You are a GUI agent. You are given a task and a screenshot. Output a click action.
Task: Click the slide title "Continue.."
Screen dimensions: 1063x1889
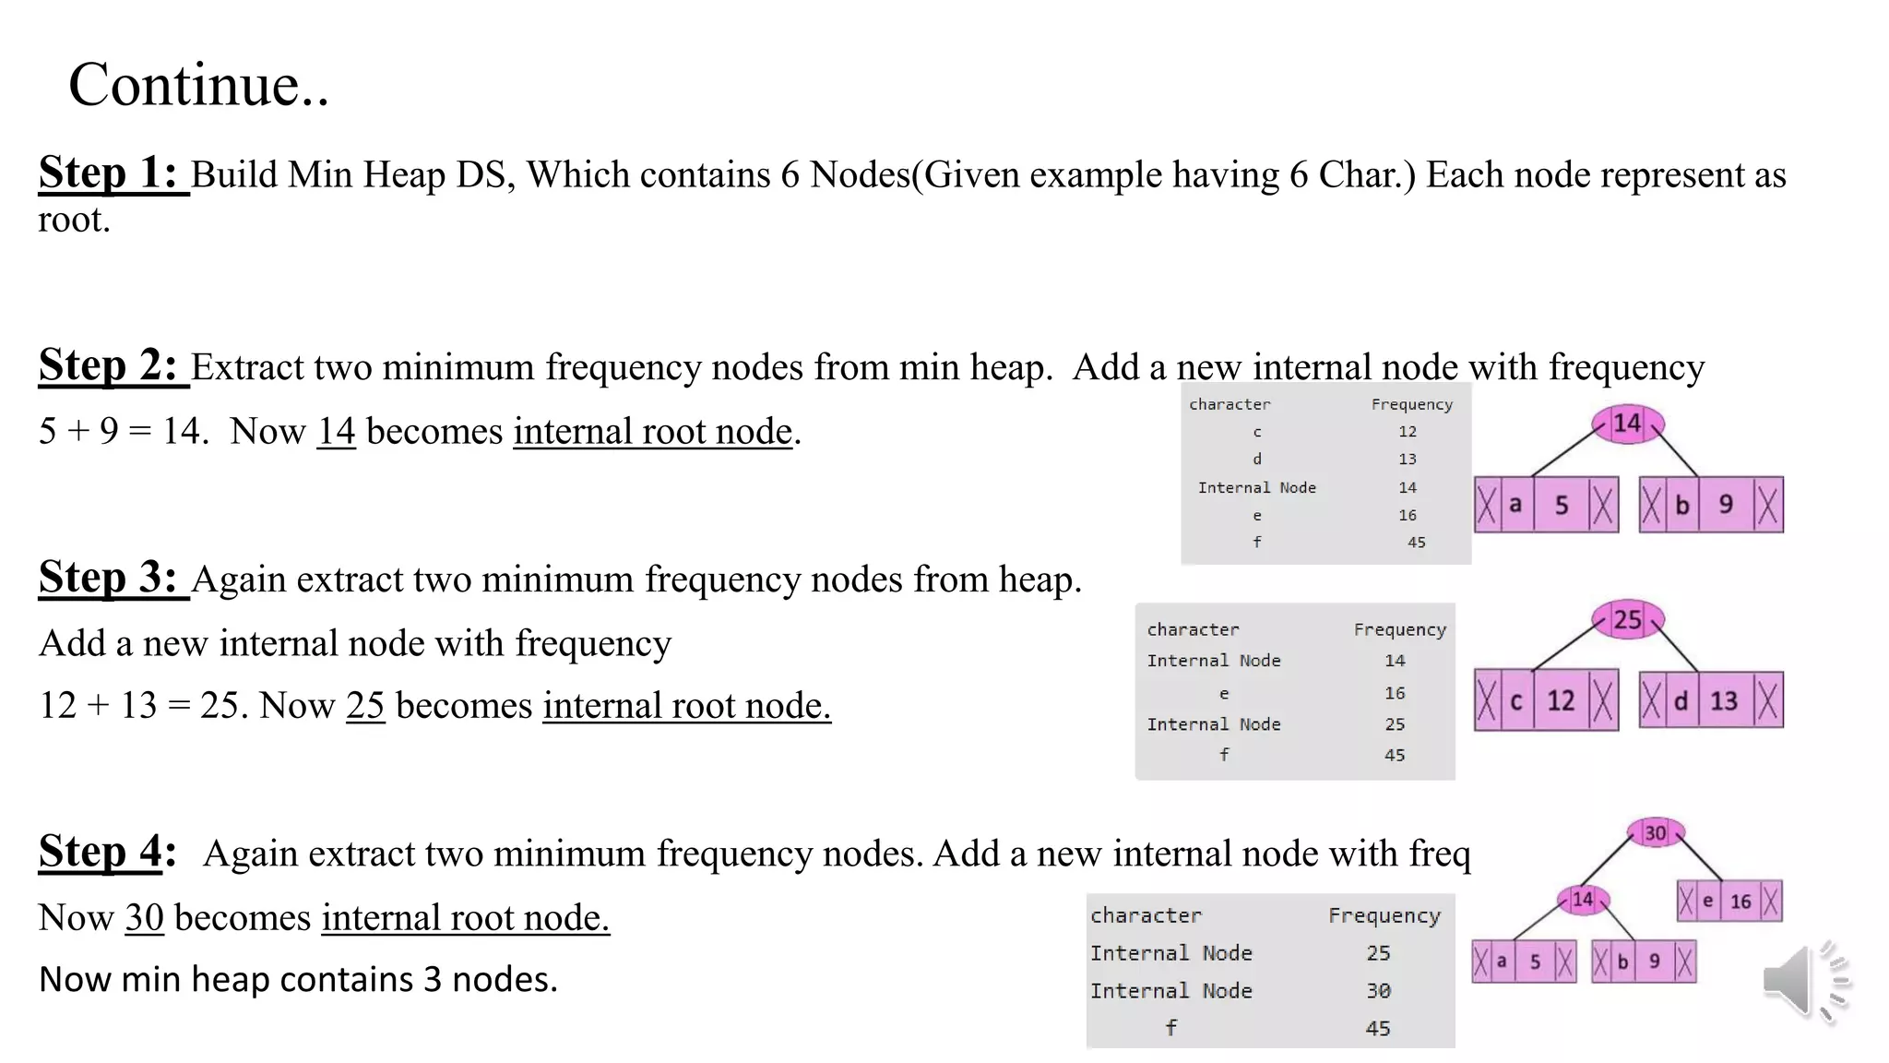[198, 85]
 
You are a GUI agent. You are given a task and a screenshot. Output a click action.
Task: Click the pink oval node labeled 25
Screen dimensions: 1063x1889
[1628, 619]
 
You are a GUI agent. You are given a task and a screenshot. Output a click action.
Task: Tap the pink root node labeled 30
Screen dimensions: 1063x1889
[1656, 833]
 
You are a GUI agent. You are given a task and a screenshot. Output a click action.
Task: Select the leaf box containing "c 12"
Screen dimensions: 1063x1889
[1546, 700]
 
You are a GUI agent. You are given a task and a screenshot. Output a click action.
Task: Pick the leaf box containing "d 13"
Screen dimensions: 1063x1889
[1711, 700]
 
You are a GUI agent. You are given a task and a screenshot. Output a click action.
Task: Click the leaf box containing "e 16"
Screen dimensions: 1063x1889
[1729, 901]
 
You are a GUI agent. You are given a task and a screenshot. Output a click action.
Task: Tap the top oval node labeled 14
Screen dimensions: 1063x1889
[1628, 424]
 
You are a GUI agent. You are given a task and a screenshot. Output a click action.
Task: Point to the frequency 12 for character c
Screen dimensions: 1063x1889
[1407, 431]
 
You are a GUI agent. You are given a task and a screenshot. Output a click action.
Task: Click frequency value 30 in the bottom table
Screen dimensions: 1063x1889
[1378, 990]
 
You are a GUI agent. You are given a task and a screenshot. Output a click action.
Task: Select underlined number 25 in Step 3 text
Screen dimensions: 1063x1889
[365, 705]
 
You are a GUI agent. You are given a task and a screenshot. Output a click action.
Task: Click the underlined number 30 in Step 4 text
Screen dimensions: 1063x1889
[144, 917]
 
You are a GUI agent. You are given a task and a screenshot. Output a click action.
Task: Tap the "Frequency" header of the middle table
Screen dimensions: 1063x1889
[1399, 629]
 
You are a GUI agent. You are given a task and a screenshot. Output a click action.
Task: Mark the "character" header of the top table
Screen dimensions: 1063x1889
[1230, 404]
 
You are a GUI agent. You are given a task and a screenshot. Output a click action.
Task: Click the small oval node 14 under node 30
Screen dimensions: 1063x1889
[1583, 899]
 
